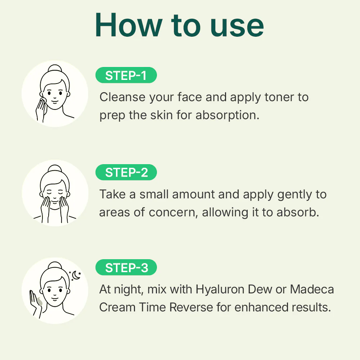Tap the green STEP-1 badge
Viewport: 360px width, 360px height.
point(126,76)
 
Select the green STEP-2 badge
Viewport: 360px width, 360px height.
point(126,172)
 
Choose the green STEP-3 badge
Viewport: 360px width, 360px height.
point(126,268)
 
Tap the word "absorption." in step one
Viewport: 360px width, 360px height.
point(227,116)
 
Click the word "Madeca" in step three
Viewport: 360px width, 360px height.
point(312,289)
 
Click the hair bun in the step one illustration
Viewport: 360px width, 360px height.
point(55,69)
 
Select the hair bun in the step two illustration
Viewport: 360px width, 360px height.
point(55,169)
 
